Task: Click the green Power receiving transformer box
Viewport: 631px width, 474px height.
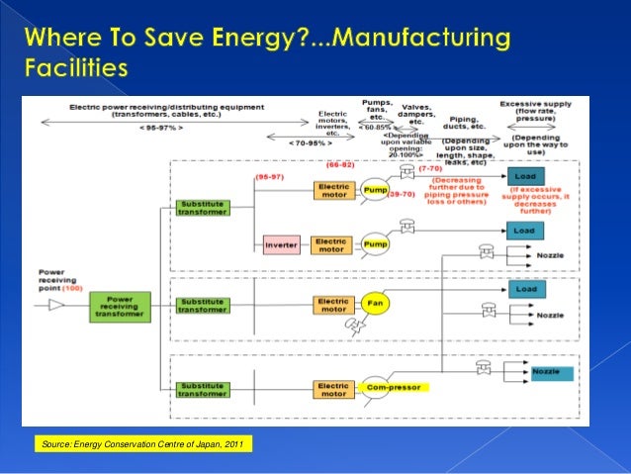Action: pos(120,306)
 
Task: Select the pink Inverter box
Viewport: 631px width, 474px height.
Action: pos(281,244)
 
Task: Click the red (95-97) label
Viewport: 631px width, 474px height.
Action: pos(269,176)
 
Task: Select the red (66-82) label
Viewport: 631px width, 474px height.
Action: pos(340,165)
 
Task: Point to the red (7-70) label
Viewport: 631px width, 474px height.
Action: pos(431,168)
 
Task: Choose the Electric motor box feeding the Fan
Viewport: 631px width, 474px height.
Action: pos(331,305)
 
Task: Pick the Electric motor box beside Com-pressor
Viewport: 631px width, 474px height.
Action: pos(331,388)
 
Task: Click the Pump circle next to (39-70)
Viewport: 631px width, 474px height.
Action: pos(374,188)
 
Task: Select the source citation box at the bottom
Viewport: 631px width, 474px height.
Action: pos(141,442)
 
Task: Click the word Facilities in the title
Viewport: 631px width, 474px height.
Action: pos(74,70)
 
